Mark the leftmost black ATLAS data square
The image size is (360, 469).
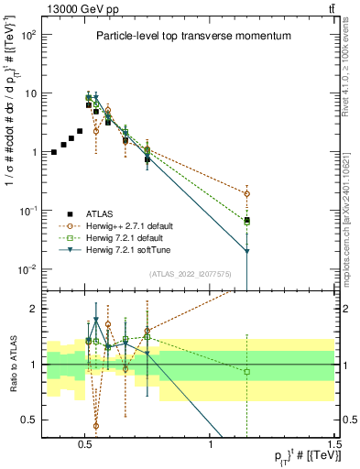point(54,151)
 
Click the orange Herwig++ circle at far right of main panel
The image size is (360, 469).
point(246,193)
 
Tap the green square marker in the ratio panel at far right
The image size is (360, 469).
point(246,371)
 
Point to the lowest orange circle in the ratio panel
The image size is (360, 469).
point(96,426)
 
